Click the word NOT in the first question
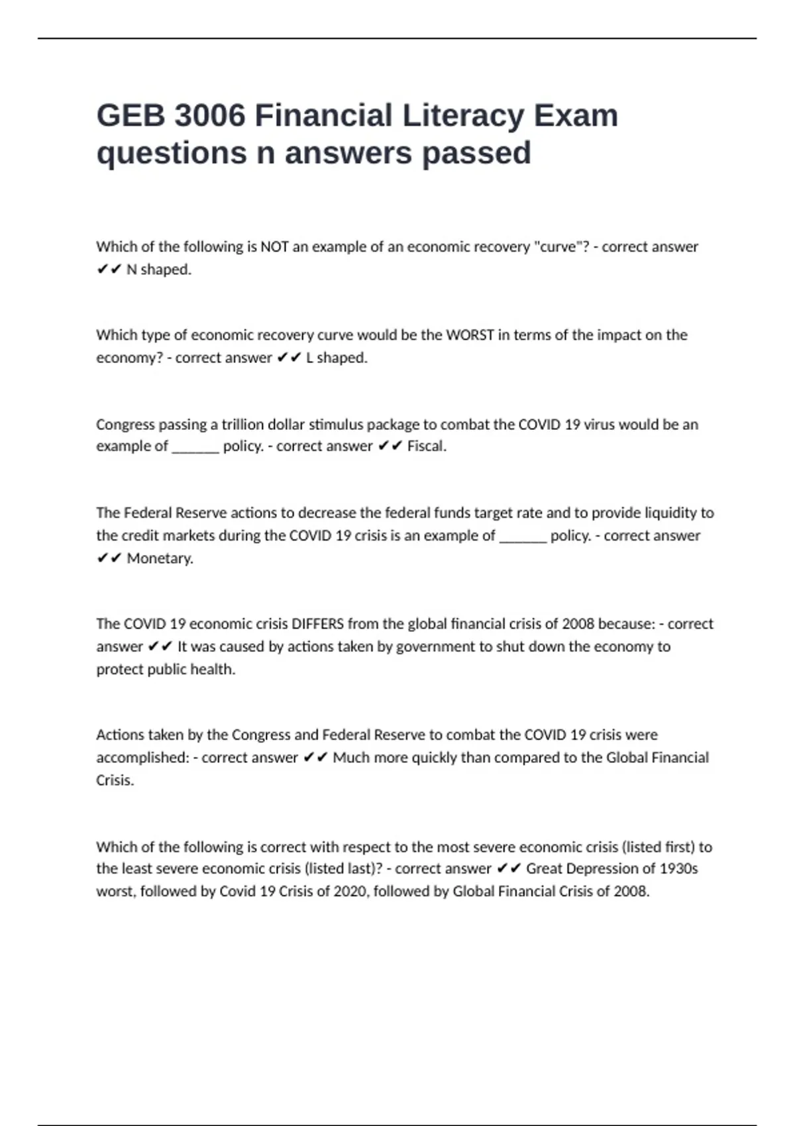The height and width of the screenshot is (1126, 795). click(274, 247)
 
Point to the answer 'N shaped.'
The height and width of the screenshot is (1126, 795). click(158, 270)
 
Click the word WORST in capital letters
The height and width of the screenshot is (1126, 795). click(470, 335)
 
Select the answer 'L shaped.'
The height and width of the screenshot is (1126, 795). click(337, 358)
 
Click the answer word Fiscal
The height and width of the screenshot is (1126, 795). click(427, 446)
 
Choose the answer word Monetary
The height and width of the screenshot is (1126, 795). click(160, 558)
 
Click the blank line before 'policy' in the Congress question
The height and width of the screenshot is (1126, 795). click(195, 448)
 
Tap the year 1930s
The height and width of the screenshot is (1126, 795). click(678, 868)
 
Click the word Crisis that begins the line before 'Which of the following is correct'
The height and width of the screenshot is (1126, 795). click(115, 780)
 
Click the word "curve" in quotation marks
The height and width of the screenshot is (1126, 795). click(560, 247)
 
